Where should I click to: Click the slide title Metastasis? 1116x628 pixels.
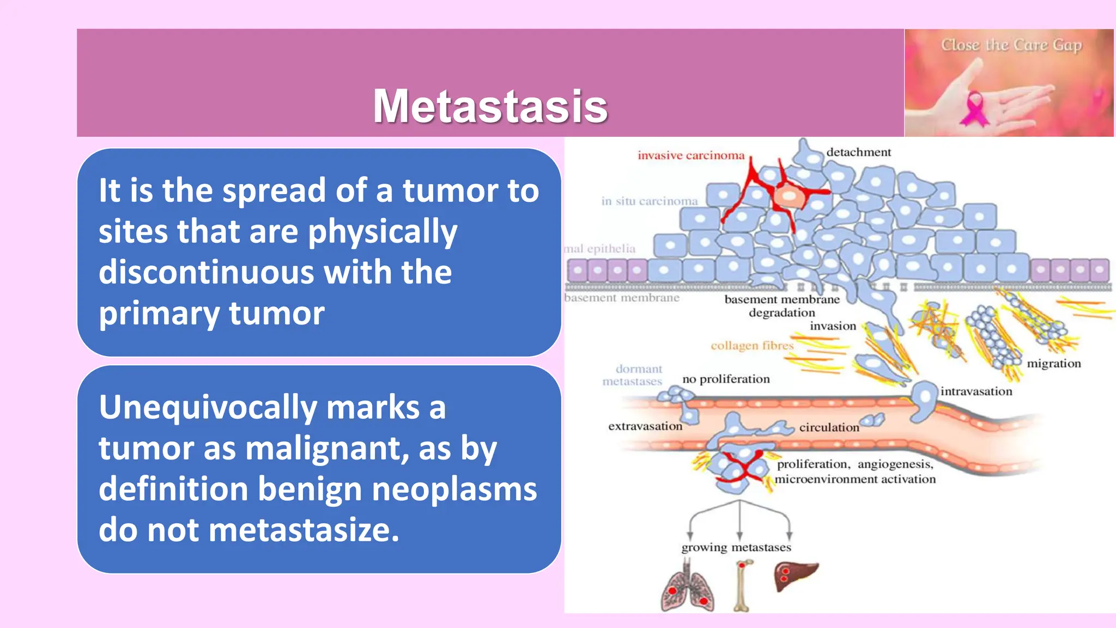(490, 106)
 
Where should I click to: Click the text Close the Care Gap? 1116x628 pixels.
(1011, 45)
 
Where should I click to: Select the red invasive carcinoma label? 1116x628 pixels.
(690, 155)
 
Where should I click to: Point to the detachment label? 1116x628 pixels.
(858, 152)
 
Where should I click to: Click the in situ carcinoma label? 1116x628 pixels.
(649, 201)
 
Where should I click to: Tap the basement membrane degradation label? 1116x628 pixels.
(781, 306)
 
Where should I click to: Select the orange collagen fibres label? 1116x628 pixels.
(751, 346)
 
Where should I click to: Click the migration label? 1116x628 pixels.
(1053, 364)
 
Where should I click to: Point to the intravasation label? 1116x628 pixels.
(975, 391)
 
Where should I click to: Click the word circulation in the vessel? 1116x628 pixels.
(829, 427)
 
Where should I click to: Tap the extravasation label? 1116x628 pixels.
(645, 426)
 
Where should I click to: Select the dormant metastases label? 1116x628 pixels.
(633, 375)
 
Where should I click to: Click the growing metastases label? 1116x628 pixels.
(736, 547)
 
